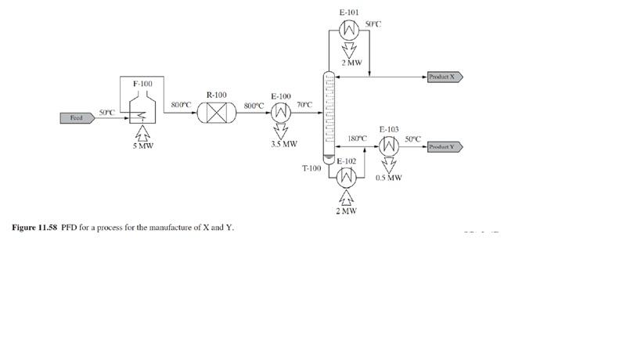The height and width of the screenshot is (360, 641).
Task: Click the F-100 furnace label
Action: coord(142,83)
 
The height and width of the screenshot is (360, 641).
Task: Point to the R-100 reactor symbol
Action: coord(217,112)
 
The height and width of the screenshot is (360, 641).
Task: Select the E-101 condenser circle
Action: coord(349,30)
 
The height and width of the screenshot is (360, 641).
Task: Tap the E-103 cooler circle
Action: coord(388,146)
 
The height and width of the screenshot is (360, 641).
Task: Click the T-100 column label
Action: coord(311,168)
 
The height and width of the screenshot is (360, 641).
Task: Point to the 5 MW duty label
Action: coord(142,146)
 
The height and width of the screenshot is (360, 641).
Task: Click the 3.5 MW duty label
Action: coord(284,144)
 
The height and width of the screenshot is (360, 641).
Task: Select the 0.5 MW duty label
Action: coord(389,178)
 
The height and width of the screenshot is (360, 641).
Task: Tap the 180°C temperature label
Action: coord(358,139)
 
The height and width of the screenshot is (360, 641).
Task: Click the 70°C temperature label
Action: coord(305,104)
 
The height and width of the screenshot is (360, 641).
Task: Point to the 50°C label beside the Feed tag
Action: coord(107,113)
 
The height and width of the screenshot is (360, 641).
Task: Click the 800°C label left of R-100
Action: coord(182,104)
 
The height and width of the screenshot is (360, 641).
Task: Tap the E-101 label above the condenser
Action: coord(349,13)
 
